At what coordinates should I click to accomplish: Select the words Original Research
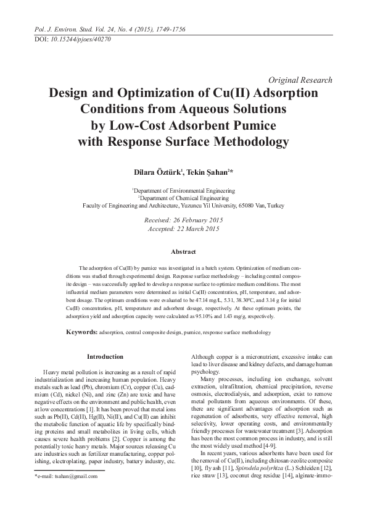click(x=302, y=80)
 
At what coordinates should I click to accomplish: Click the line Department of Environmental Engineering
click(x=183, y=191)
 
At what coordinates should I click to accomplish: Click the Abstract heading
click(x=183, y=252)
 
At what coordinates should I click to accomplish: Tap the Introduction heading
click(x=105, y=356)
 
